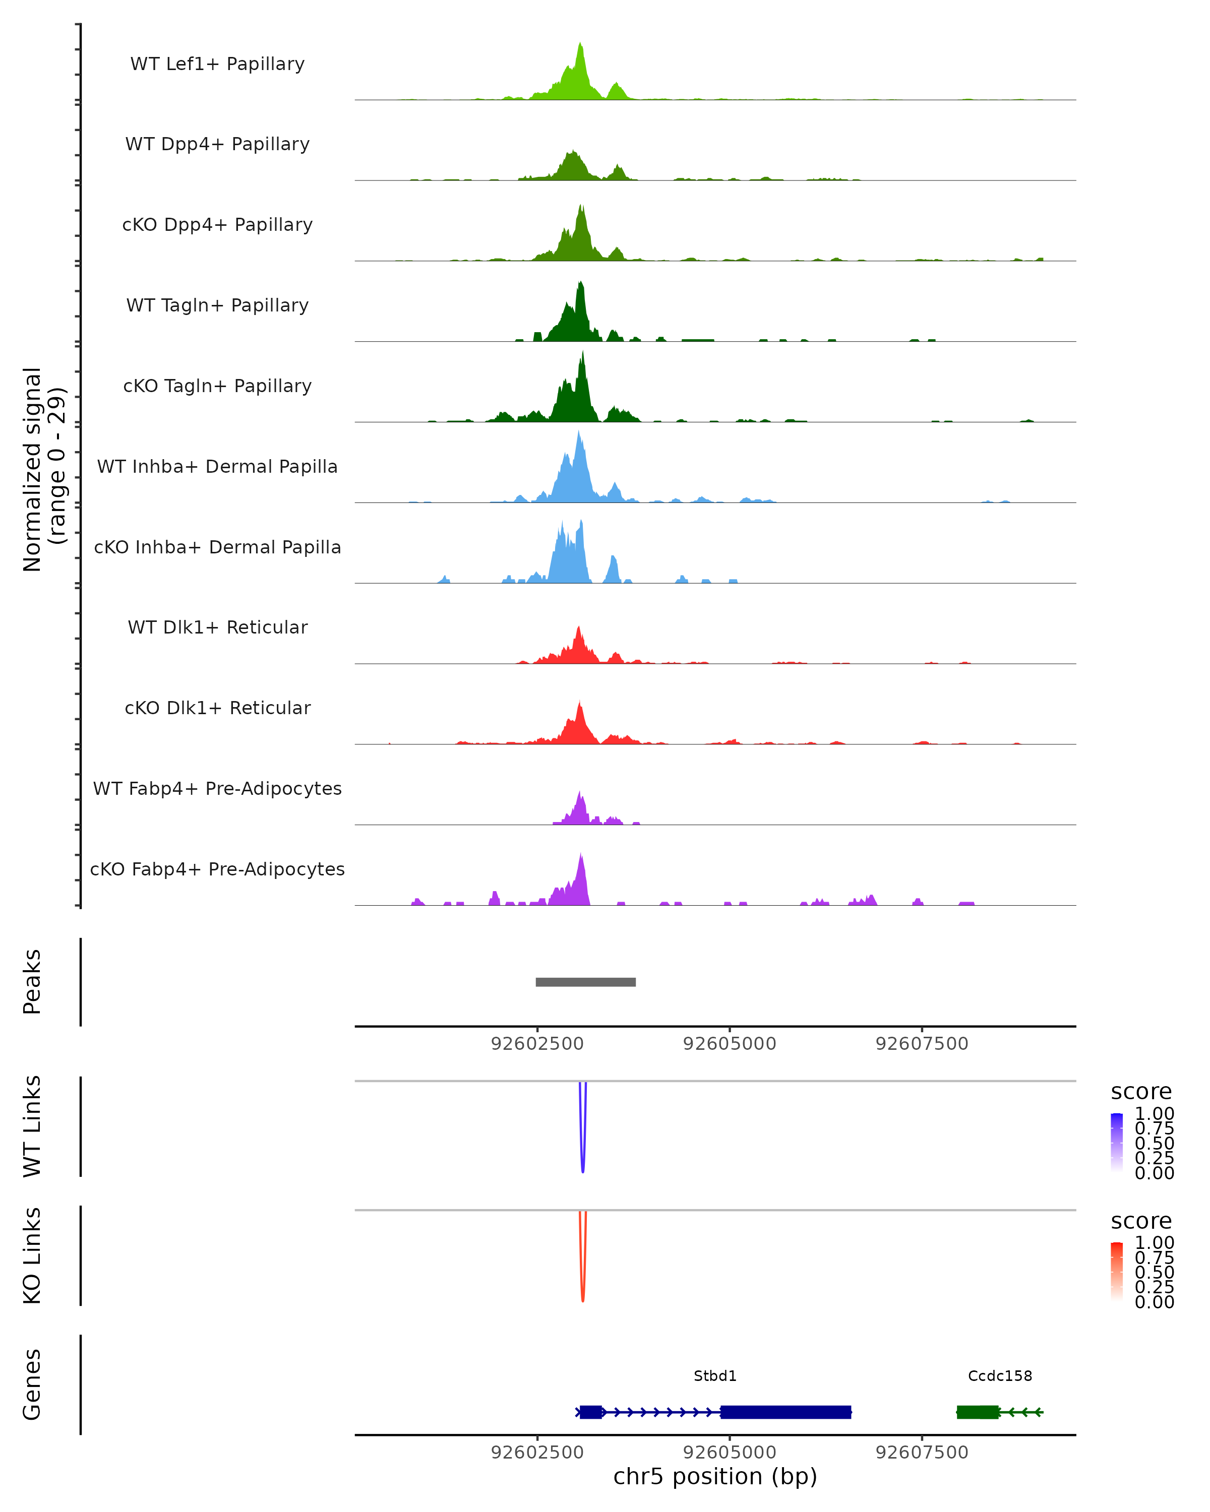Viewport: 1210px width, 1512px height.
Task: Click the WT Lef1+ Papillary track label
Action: (x=217, y=64)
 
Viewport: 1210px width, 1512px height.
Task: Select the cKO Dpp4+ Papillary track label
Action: (x=217, y=225)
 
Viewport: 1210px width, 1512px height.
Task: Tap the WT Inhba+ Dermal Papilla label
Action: (x=217, y=467)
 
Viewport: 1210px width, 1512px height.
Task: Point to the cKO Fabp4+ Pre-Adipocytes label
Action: (x=217, y=869)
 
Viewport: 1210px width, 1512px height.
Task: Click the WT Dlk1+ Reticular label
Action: (x=217, y=627)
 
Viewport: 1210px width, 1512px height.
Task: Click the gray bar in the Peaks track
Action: (x=586, y=982)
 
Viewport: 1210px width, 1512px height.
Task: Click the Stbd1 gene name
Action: (x=715, y=1376)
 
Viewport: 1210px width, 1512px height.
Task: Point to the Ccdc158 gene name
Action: (x=1000, y=1376)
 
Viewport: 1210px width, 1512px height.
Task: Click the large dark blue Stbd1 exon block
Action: (x=785, y=1412)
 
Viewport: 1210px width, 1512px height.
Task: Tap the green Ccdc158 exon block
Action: (x=978, y=1412)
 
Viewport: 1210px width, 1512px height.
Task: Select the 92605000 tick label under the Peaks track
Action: (x=730, y=1044)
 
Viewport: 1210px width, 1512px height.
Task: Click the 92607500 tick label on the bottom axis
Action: (x=922, y=1453)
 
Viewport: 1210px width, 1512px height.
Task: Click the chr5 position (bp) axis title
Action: (x=715, y=1477)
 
